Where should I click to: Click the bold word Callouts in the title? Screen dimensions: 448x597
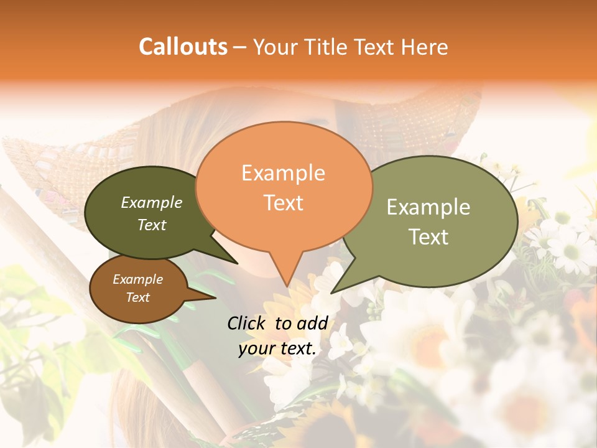click(183, 47)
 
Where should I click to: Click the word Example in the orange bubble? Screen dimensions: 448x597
click(283, 173)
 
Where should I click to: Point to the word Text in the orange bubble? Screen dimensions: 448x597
click(283, 203)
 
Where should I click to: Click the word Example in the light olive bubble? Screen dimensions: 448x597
click(428, 207)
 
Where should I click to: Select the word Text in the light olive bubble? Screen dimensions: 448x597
click(428, 237)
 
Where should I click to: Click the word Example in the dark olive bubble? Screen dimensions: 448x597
click(152, 203)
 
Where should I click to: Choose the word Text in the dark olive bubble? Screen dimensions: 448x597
click(152, 225)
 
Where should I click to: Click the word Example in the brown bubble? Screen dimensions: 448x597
click(137, 279)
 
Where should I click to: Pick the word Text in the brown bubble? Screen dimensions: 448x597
click(137, 297)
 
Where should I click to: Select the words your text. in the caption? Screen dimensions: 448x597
click(277, 349)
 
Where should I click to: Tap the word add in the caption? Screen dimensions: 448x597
click(313, 324)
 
